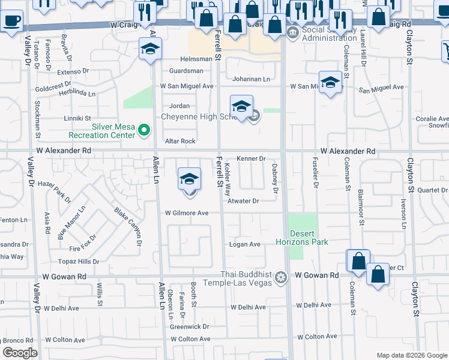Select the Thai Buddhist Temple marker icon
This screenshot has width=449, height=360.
click(x=280, y=278)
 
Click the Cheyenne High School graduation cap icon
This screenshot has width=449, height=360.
click(x=241, y=107)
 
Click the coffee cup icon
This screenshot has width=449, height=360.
click(x=12, y=22)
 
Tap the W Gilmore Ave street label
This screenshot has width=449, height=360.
click(x=187, y=213)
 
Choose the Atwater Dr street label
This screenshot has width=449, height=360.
click(x=243, y=201)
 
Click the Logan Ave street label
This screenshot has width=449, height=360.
click(x=245, y=244)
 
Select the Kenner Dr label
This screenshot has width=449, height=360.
click(x=251, y=158)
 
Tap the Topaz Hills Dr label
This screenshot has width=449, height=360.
click(x=79, y=262)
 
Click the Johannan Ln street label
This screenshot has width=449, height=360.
click(x=252, y=79)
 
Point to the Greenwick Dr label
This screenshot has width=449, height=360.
click(x=189, y=327)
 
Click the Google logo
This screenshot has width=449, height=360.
click(x=20, y=353)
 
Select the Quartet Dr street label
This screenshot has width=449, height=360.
click(x=433, y=190)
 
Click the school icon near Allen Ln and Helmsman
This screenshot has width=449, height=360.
click(x=150, y=49)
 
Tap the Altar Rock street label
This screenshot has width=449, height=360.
click(x=180, y=141)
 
